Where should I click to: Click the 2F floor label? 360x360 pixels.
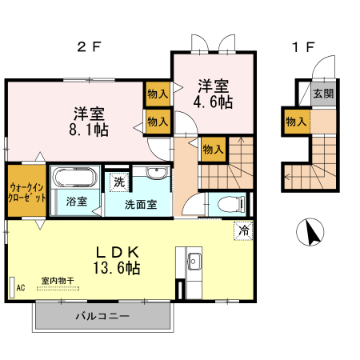point(89,46)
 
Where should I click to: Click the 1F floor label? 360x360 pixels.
point(302,46)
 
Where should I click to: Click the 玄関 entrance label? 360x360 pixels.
point(323,94)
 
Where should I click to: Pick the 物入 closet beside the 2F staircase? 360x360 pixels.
point(213,149)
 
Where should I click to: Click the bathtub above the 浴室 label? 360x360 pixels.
point(75,177)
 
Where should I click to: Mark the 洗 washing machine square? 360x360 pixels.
point(118,182)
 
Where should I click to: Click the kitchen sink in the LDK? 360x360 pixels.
point(194,261)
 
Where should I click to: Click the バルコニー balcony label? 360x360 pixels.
point(102,316)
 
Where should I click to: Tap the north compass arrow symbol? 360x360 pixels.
point(310,233)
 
